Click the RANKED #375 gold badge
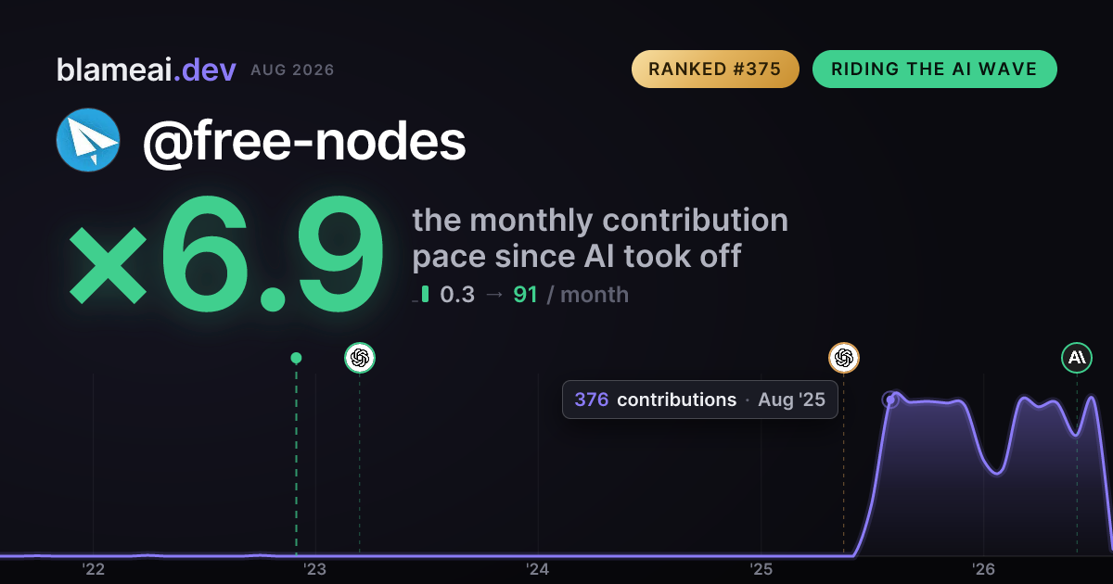[715, 69]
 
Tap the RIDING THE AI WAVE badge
[934, 69]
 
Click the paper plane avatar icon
[88, 140]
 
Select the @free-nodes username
[304, 142]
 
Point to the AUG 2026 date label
[292, 70]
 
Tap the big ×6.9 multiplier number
[226, 253]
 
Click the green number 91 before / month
[525, 295]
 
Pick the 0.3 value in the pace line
[457, 295]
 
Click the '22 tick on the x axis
[94, 569]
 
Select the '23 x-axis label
[315, 569]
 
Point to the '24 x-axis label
[538, 569]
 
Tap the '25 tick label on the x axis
[761, 569]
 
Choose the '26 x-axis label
[983, 569]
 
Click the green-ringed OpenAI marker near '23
[360, 358]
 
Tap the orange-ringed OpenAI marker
[844, 358]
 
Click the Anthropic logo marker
[1077, 358]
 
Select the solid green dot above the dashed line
[296, 358]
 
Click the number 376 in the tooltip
[592, 400]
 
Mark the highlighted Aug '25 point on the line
[890, 400]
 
